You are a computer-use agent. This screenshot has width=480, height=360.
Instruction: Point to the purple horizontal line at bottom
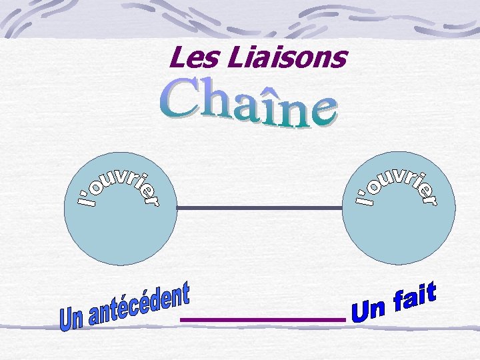click(263, 321)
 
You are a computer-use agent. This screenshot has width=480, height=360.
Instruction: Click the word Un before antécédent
click(69, 319)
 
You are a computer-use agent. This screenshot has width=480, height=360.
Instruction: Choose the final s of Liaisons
click(341, 60)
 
